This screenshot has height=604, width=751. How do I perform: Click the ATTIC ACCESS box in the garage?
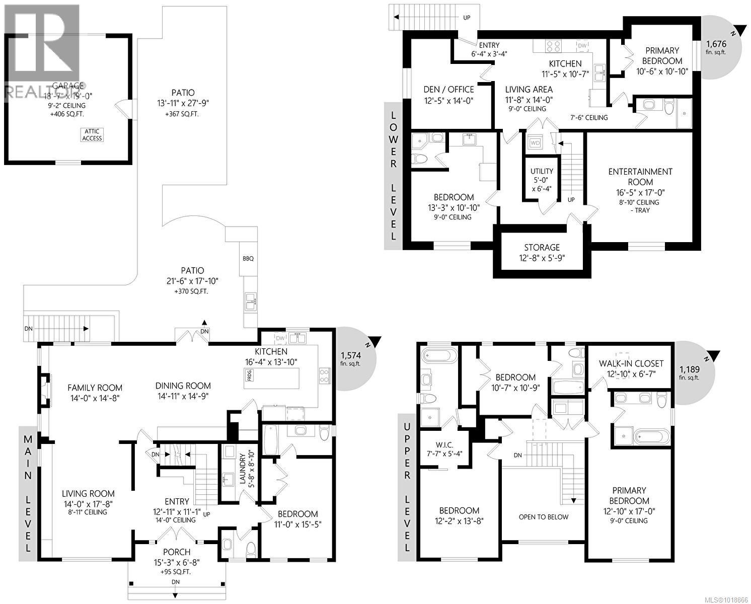tap(92, 135)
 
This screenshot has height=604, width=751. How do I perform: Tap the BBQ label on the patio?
tap(248, 259)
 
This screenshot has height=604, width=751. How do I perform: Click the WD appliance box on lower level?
tap(535, 143)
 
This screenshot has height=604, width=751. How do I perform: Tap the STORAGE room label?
tap(542, 247)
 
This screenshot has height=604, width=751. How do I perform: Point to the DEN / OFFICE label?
tap(448, 89)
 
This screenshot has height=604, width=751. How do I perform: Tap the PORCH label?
tap(176, 552)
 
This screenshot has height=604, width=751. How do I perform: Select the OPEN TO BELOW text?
tap(544, 517)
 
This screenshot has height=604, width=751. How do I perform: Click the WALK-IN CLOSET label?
tap(631, 363)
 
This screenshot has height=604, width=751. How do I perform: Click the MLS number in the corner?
tap(728, 599)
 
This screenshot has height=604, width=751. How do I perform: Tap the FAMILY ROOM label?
tap(95, 388)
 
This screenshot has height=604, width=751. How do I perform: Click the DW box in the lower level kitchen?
tap(582, 46)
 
